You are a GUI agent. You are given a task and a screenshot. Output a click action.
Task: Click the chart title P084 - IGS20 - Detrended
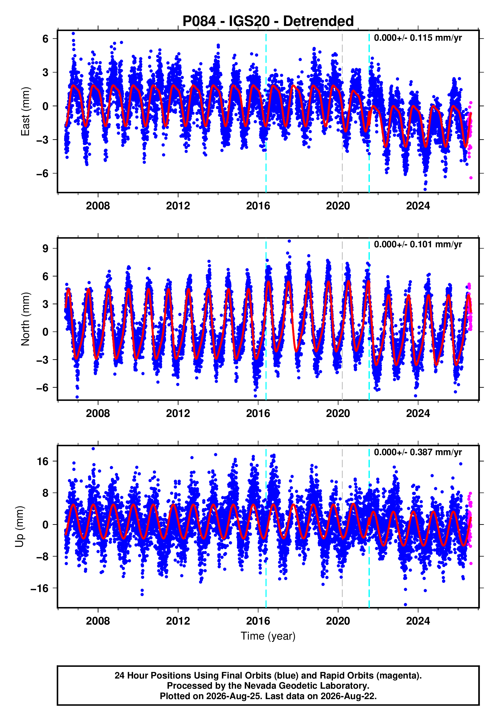[x=268, y=21]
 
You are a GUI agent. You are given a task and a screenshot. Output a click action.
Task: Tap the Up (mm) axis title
[x=19, y=527]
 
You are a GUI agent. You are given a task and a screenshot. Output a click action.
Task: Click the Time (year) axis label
[x=268, y=636]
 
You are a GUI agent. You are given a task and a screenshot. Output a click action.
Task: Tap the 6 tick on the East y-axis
[x=46, y=39]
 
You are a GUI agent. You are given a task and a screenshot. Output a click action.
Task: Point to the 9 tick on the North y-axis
[x=46, y=249]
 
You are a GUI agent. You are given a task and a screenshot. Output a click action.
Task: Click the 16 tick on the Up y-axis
[x=43, y=462]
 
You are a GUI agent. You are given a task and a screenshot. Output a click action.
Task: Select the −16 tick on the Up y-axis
[x=40, y=588]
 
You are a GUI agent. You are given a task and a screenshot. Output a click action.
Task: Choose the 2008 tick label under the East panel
[x=98, y=206]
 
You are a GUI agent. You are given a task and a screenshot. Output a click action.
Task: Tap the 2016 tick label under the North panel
[x=258, y=413]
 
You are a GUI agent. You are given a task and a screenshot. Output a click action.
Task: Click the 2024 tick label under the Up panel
[x=418, y=621]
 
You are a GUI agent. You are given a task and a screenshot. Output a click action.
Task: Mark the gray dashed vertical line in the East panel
[x=342, y=111]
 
